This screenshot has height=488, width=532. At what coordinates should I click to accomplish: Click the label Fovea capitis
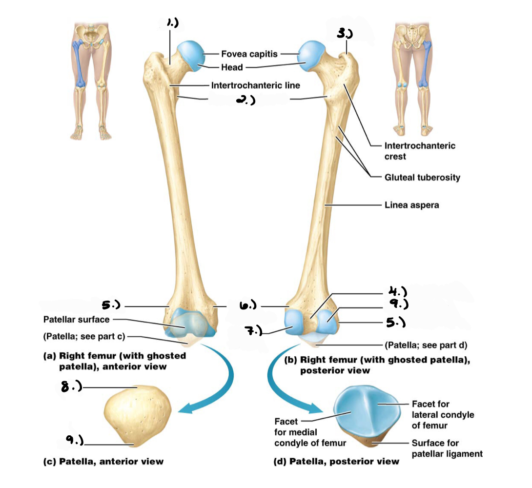(x=249, y=54)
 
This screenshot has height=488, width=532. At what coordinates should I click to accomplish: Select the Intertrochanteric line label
(x=255, y=85)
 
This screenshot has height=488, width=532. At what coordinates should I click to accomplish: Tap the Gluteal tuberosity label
(x=422, y=177)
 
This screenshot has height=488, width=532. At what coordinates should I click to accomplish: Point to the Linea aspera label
(x=411, y=205)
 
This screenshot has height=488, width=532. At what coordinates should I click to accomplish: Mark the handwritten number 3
(x=345, y=34)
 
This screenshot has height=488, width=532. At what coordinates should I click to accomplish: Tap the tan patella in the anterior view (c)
(x=138, y=415)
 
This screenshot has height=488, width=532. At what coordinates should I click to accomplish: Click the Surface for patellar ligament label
(x=447, y=448)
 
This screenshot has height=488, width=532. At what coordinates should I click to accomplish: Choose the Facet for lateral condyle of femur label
(x=442, y=415)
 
